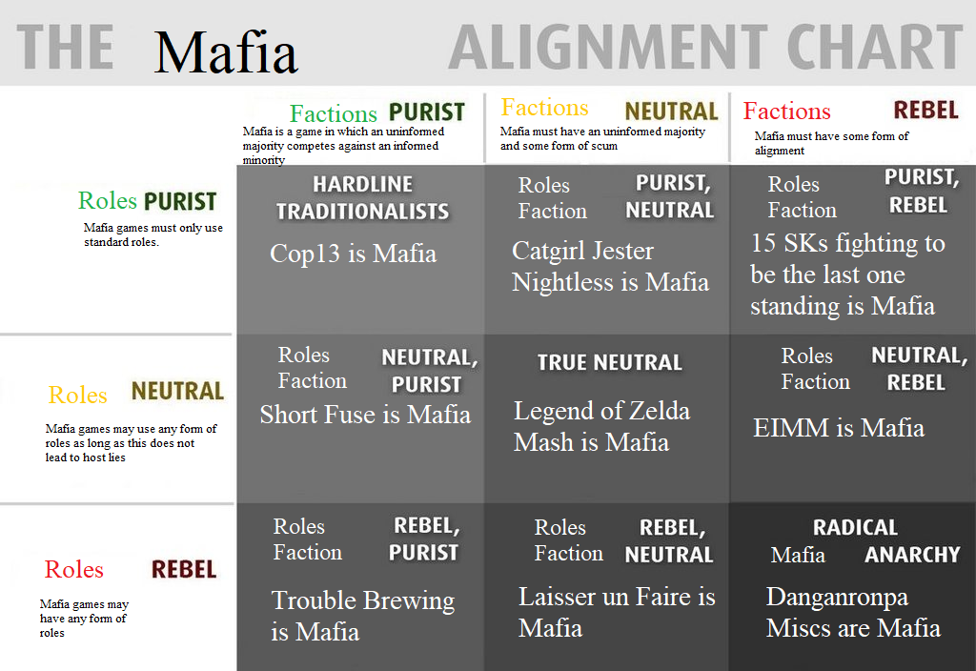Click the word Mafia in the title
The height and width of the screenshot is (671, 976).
point(226,52)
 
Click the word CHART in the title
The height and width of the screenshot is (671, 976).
point(875,48)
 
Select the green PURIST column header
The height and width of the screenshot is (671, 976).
point(427,112)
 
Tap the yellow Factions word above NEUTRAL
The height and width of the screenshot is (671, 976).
point(544,108)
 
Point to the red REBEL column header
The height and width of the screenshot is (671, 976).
point(925,111)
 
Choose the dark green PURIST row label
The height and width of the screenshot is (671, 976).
point(180,202)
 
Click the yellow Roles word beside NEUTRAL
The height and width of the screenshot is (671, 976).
point(78,396)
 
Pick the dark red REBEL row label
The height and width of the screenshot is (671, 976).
point(184,570)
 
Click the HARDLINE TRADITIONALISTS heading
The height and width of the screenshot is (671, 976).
point(363,198)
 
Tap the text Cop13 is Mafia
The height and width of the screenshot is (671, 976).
point(353,254)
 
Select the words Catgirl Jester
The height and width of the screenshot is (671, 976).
point(582,252)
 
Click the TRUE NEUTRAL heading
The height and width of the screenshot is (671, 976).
point(610,363)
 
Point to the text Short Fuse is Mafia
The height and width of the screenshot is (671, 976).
point(365,415)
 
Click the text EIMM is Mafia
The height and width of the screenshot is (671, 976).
point(839,428)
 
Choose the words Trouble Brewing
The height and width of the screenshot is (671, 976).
point(363,601)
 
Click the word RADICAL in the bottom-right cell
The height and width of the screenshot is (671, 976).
point(855,528)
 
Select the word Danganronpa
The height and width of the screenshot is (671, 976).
point(837,598)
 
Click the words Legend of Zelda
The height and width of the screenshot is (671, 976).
point(602,412)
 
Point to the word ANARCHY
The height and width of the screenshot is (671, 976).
point(912,555)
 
